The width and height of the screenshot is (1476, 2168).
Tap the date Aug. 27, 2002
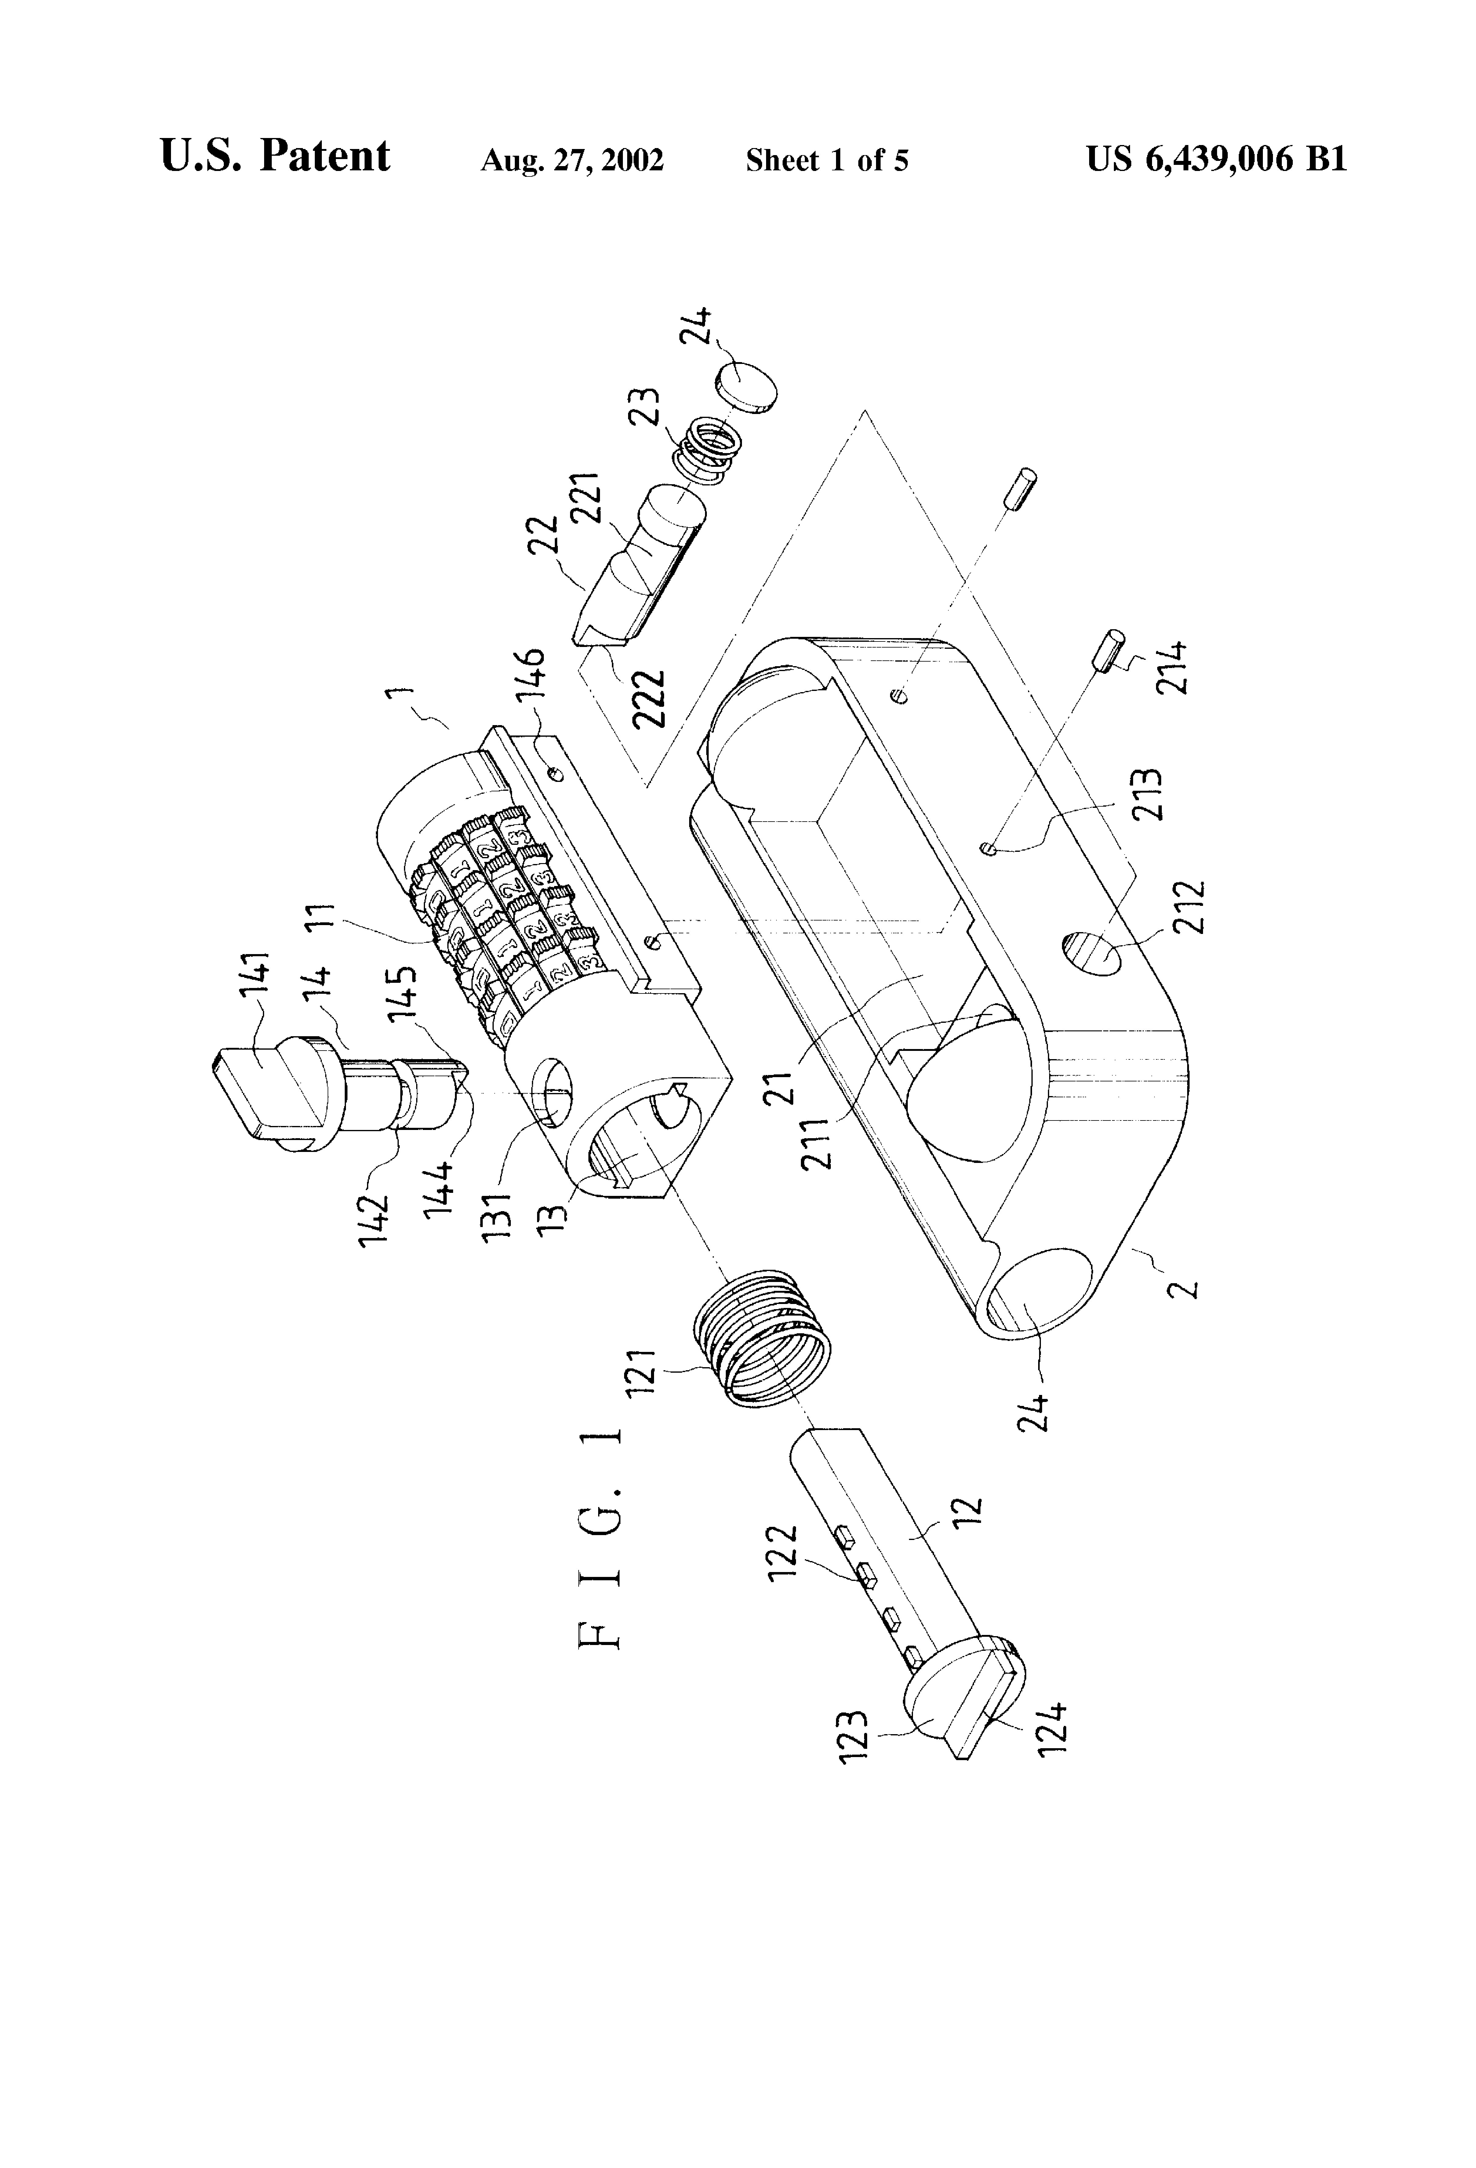[572, 161]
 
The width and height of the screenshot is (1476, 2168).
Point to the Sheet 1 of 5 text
[827, 161]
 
